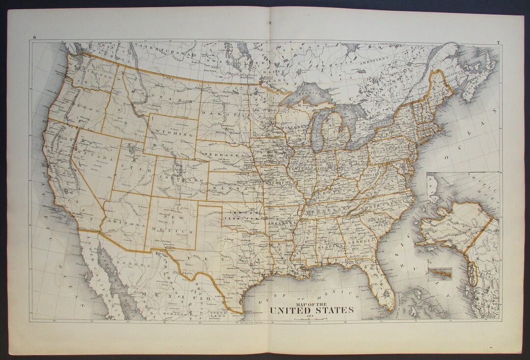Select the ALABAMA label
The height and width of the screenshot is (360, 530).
coord(333,245)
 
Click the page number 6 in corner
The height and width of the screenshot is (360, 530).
coord(34,38)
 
